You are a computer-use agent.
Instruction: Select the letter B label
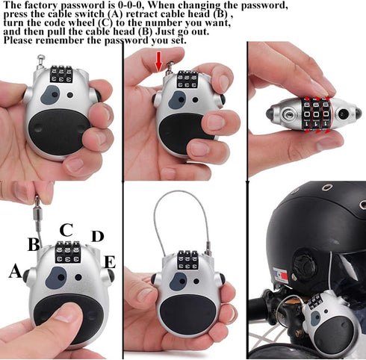click(34, 244)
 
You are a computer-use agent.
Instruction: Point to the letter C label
click(66, 229)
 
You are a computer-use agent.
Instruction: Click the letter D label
click(97, 237)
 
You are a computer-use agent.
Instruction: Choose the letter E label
click(109, 261)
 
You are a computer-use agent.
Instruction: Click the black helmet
click(314, 224)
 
